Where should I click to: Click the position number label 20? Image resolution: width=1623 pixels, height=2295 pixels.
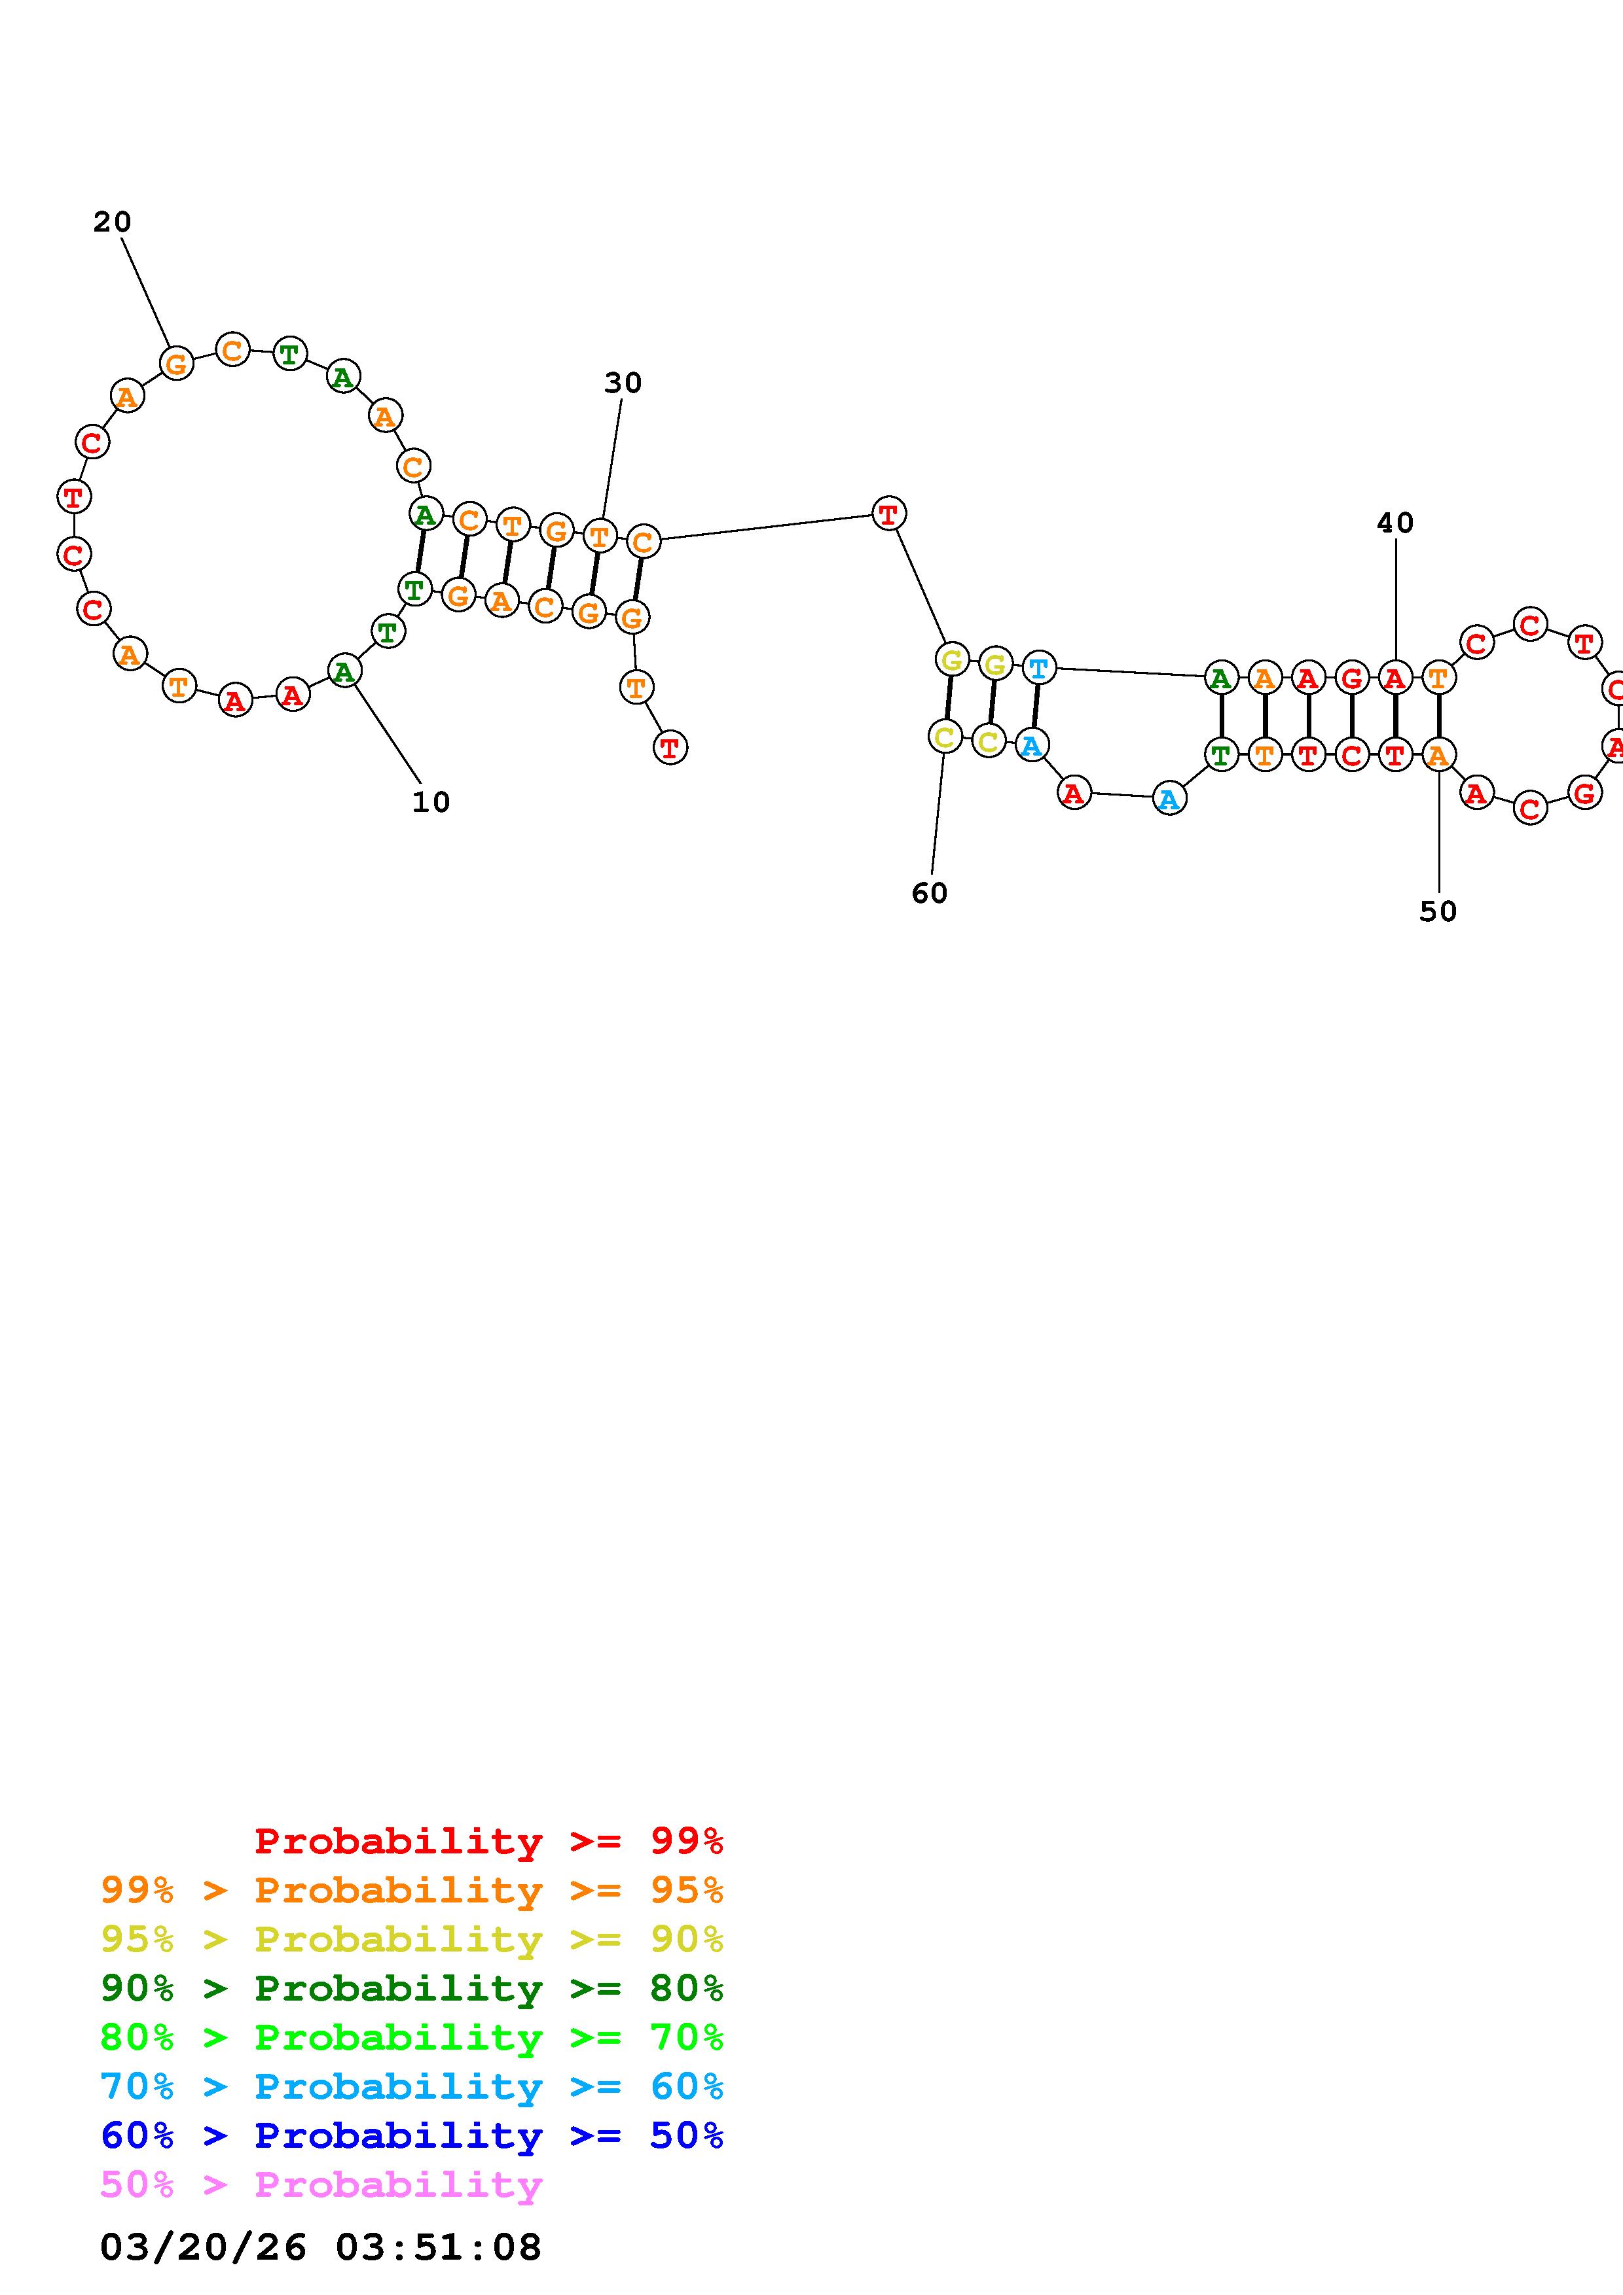point(112,222)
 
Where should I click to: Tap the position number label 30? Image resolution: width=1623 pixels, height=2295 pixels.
point(623,383)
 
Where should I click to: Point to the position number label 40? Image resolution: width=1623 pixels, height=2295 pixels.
point(1395,523)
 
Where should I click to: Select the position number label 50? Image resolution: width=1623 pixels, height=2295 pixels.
point(1438,911)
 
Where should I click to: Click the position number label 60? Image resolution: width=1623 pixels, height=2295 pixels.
point(929,892)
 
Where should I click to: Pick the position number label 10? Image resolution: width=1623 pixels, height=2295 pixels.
point(431,801)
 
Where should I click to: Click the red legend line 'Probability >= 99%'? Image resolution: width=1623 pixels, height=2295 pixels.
point(489,1840)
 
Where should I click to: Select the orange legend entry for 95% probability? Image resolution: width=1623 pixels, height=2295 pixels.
point(412,1889)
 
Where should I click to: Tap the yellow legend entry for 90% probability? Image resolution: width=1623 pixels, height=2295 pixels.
point(412,1938)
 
